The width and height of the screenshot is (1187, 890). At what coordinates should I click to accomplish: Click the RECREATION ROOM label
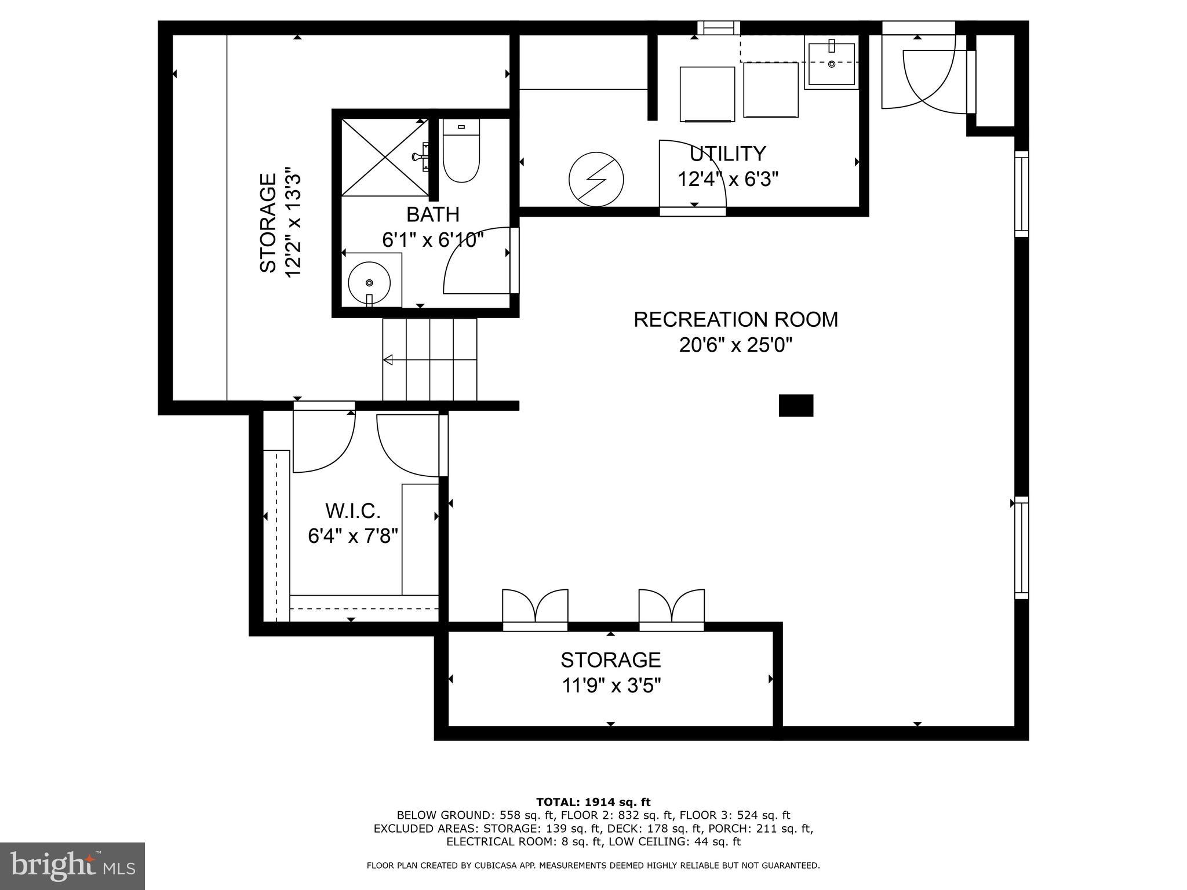pos(735,319)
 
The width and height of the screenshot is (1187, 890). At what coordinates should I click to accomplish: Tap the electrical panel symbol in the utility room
pos(596,179)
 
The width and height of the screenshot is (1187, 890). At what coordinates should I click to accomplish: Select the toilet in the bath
pos(461,152)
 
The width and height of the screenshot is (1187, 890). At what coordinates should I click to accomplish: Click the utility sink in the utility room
pos(832,62)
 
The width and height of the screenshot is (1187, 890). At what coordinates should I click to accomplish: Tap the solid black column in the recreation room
pos(796,406)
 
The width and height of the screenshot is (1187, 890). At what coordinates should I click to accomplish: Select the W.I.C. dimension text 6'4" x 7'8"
pos(353,536)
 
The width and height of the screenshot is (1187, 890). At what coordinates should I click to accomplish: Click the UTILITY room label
pos(728,154)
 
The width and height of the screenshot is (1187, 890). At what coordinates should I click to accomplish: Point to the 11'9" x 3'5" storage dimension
pos(611,686)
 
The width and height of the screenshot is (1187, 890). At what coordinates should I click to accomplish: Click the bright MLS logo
pos(72,867)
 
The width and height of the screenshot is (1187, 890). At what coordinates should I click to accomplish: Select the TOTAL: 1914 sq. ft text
pos(593,802)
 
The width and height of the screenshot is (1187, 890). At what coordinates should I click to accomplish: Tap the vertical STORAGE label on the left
pos(268,222)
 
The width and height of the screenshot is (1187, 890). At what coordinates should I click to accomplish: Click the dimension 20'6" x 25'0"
pos(735,345)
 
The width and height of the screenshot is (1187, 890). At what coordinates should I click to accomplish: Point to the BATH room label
pos(433,214)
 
